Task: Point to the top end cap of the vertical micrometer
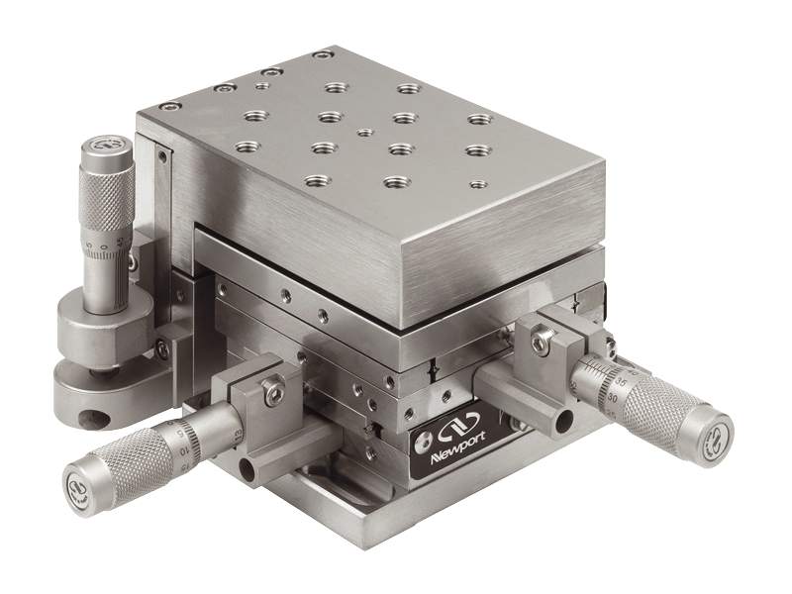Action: point(106,146)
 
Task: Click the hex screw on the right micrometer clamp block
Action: point(540,343)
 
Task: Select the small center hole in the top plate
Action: point(366,132)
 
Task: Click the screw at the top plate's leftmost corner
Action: point(171,107)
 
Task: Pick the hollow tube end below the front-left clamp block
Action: point(247,469)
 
